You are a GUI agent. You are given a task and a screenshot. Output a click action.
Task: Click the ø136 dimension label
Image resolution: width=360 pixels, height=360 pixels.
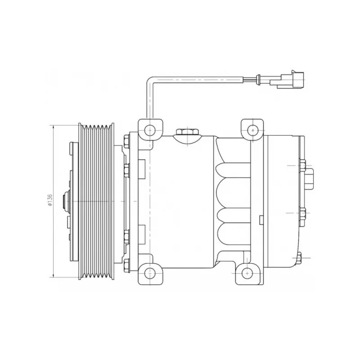coord(50,200)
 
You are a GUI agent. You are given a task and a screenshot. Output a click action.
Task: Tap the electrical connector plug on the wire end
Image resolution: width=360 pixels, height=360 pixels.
coord(287,80)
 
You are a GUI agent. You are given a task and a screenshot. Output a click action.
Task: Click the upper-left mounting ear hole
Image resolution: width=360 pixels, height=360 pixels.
coord(150,130)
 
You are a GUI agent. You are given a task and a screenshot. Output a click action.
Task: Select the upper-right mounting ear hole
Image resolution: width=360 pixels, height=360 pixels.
coord(252,130)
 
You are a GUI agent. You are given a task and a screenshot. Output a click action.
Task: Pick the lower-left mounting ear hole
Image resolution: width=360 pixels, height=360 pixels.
coord(150,274)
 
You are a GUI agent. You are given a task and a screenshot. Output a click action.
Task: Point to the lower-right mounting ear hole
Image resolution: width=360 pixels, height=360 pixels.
coord(247,274)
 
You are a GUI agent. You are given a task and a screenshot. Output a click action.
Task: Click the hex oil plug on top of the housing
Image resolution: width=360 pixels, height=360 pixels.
coord(188,132)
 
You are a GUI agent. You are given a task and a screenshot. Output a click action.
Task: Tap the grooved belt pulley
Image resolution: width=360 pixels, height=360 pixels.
coord(96,201)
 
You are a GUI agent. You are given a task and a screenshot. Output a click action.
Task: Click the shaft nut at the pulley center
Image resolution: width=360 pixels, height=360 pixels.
coord(65,201)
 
